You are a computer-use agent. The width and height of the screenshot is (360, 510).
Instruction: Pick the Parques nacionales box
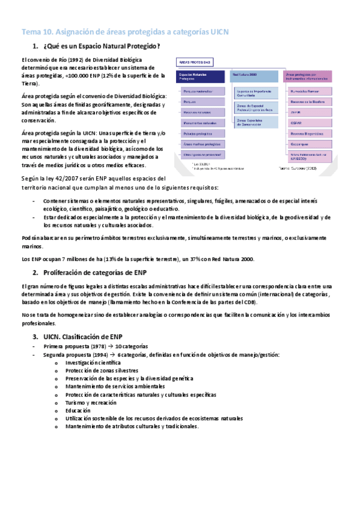pos(200,92)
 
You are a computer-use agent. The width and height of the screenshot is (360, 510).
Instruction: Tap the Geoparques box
pos(307,144)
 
